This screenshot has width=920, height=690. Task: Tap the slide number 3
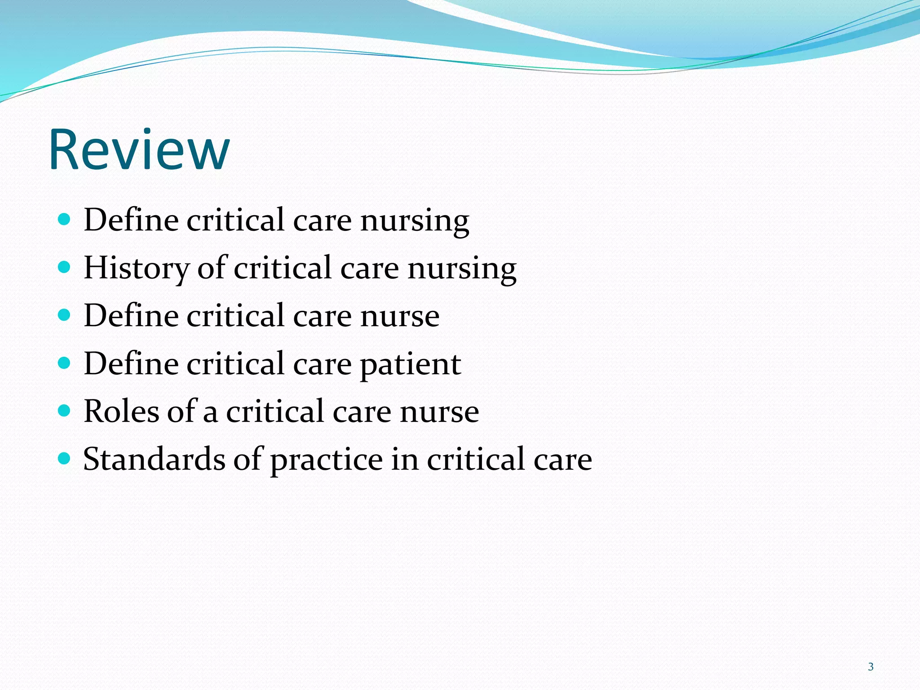coord(871,667)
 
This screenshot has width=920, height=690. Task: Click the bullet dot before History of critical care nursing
coord(65,267)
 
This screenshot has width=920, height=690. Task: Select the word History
coord(137,268)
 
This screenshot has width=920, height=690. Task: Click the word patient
coord(411,364)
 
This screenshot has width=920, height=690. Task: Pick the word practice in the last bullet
coord(326,460)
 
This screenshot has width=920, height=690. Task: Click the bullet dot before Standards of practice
coord(65,459)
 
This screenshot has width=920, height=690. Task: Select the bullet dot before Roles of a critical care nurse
coord(65,411)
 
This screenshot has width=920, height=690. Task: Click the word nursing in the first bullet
coord(415,221)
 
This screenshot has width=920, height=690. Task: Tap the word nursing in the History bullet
coord(462,269)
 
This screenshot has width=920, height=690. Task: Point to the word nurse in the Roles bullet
coord(439,412)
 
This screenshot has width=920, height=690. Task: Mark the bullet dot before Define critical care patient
coord(65,363)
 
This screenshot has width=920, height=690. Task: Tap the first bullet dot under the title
coord(65,220)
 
